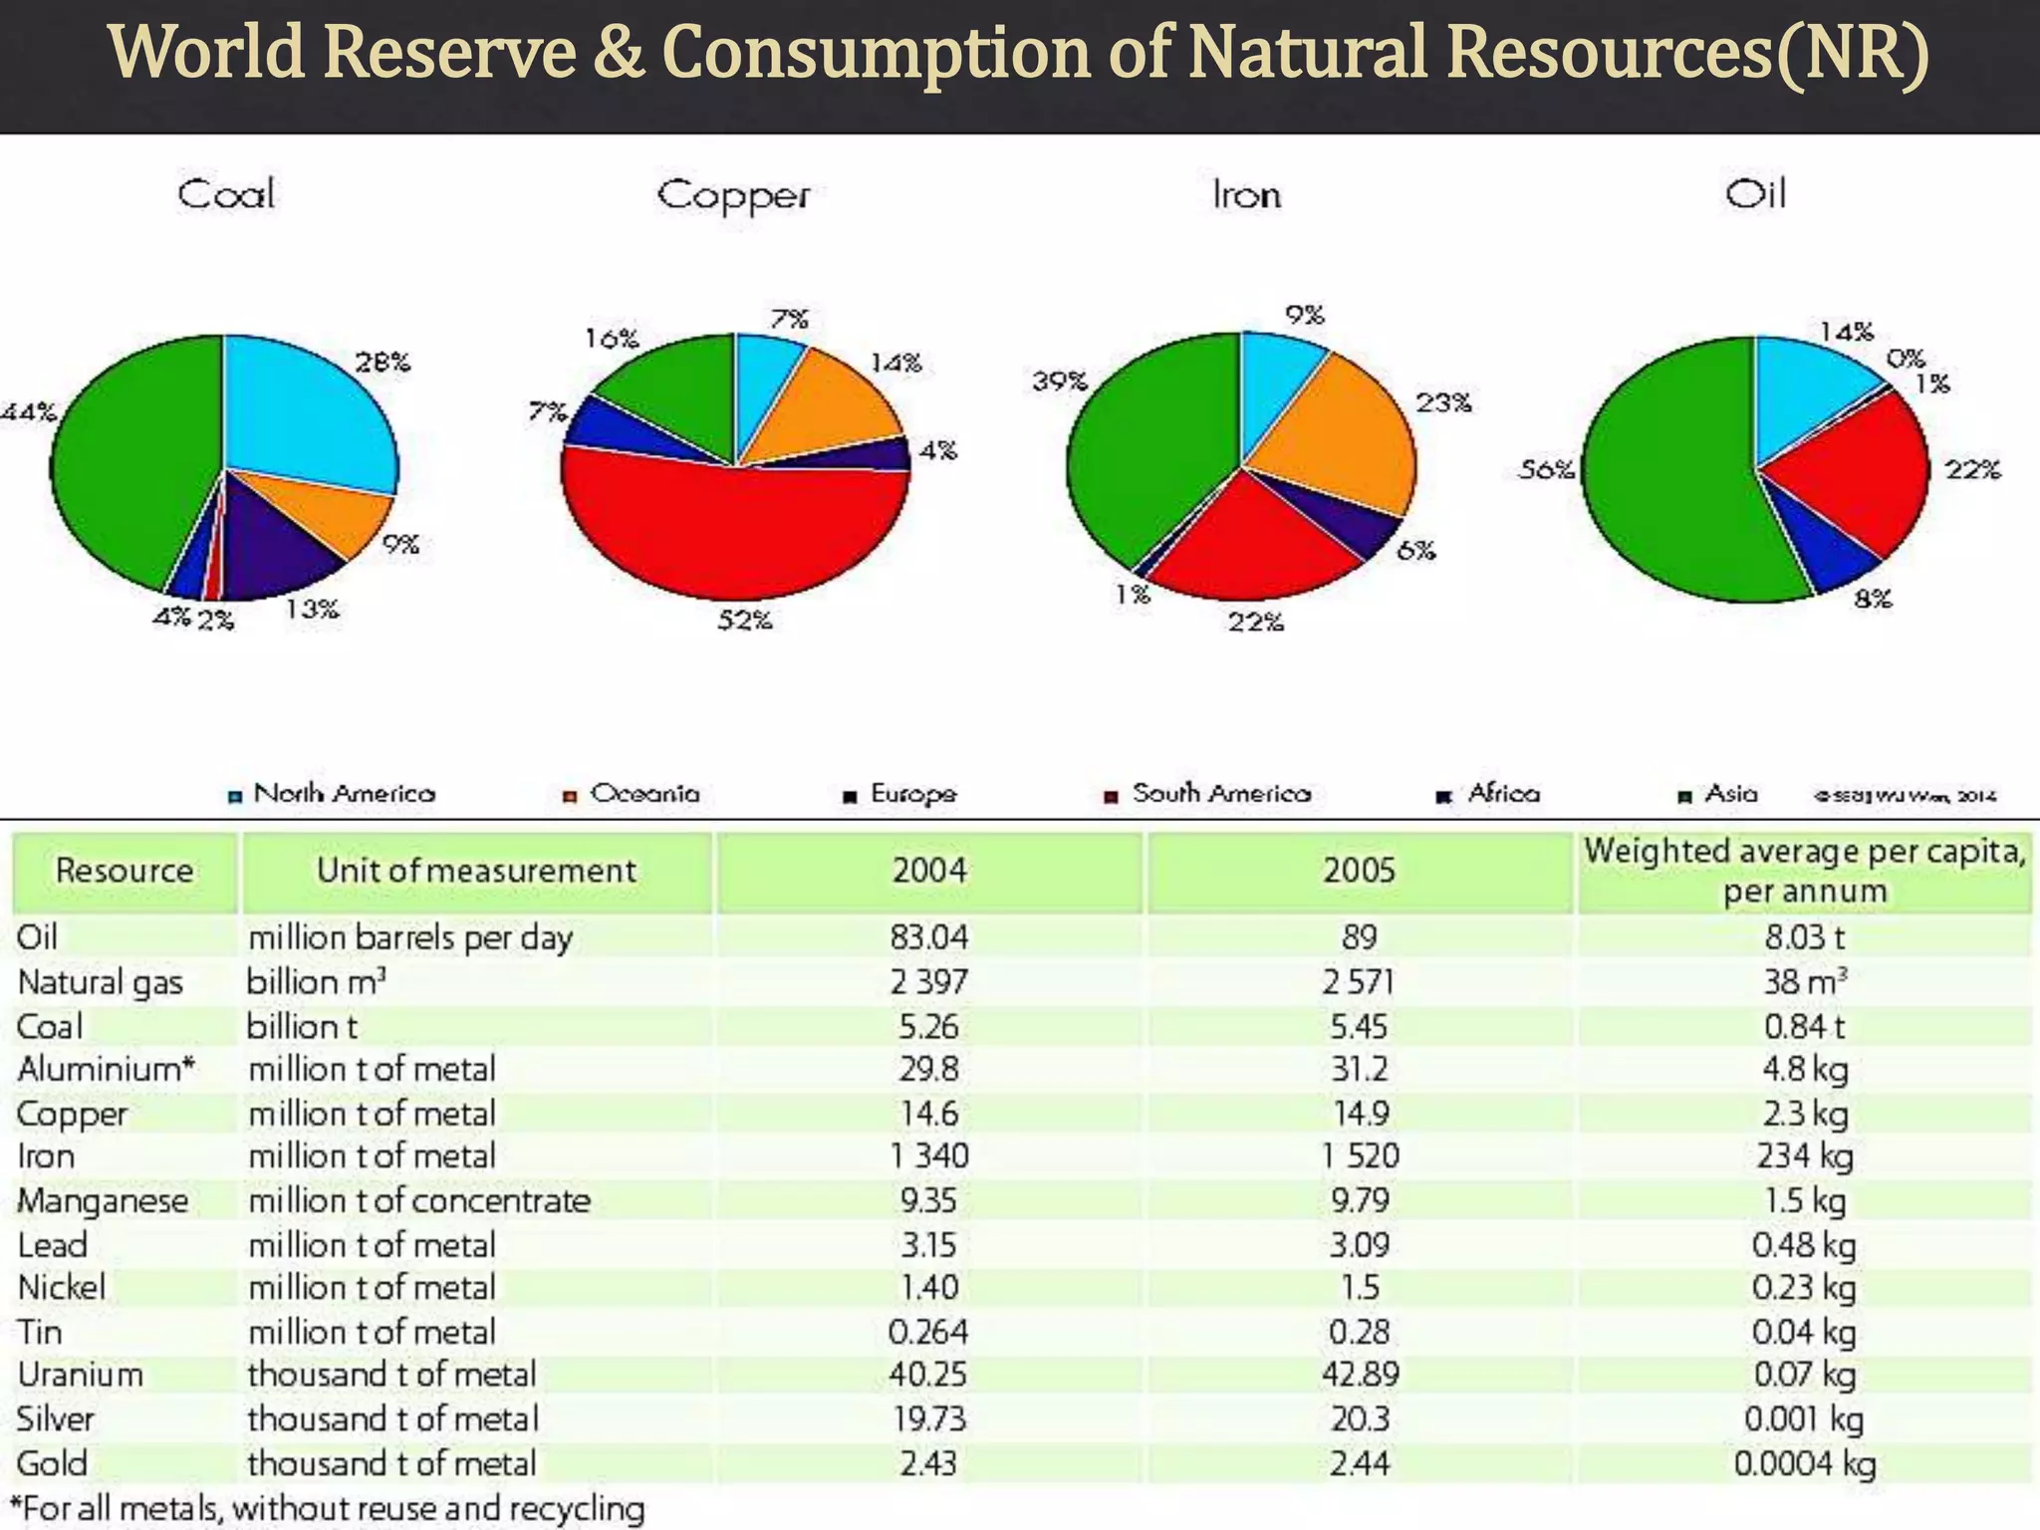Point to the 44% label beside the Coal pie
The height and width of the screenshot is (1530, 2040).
(28, 411)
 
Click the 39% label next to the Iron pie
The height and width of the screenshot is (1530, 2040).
(1059, 381)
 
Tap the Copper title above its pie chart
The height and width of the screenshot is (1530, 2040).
(733, 195)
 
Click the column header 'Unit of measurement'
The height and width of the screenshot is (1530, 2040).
(476, 871)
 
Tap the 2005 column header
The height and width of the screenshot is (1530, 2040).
(1359, 871)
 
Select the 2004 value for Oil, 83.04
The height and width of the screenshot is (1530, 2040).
(928, 937)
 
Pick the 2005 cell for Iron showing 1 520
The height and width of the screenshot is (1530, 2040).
(1360, 1155)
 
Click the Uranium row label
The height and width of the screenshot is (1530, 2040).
(80, 1375)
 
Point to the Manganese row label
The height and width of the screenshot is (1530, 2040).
(103, 1200)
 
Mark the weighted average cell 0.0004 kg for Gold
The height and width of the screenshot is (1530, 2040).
(1804, 1463)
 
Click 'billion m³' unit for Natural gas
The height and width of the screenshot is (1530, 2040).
(316, 982)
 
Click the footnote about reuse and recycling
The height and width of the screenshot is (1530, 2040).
(329, 1508)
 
